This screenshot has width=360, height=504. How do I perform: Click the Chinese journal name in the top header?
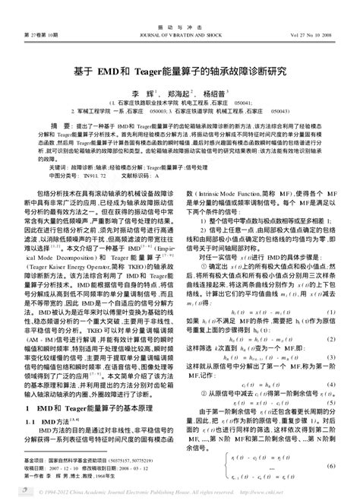tap(179, 5)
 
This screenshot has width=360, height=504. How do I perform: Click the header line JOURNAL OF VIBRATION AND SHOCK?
tap(179, 15)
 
